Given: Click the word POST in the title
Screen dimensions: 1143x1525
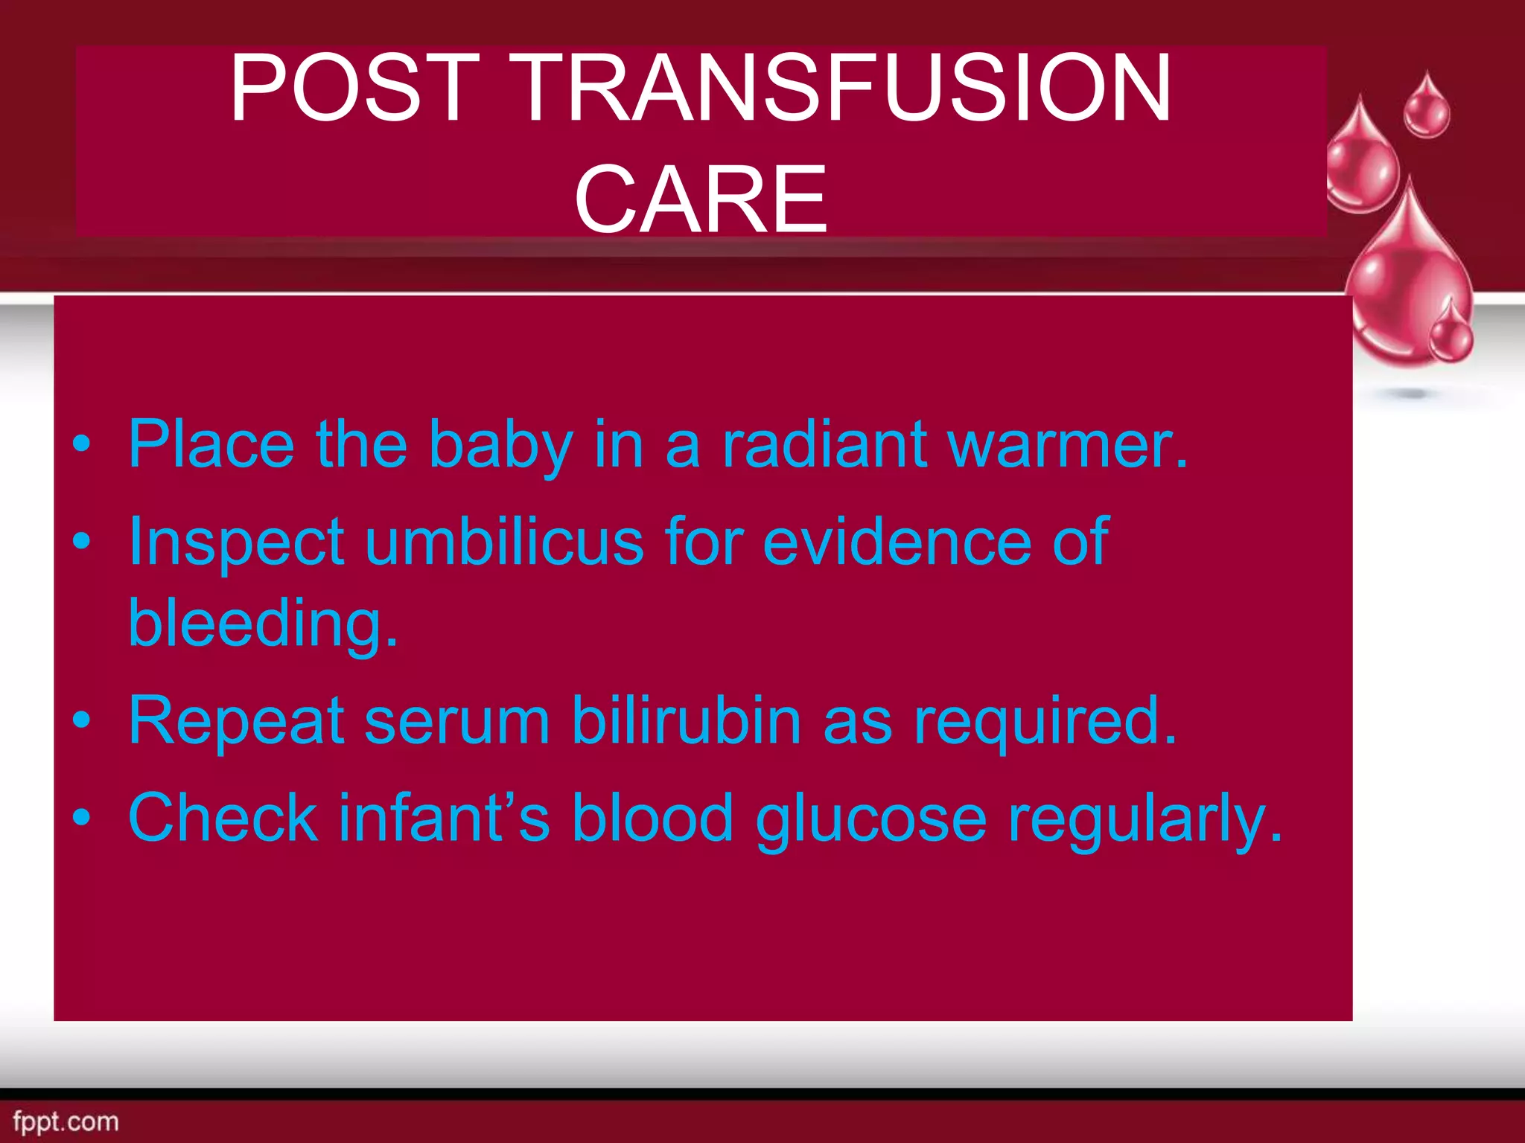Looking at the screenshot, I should click(355, 88).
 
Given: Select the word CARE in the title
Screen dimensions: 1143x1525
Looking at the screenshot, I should click(701, 199).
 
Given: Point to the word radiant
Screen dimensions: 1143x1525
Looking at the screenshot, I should click(824, 444).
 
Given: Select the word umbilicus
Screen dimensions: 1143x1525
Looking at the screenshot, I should click(504, 542).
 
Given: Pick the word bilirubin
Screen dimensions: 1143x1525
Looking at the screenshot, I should click(687, 720).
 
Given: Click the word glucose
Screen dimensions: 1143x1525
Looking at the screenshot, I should click(871, 819).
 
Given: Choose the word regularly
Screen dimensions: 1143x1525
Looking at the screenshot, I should click(1144, 819).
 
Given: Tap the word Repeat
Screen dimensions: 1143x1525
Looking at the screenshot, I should click(236, 720).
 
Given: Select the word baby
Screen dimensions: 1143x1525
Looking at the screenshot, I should click(500, 444).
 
